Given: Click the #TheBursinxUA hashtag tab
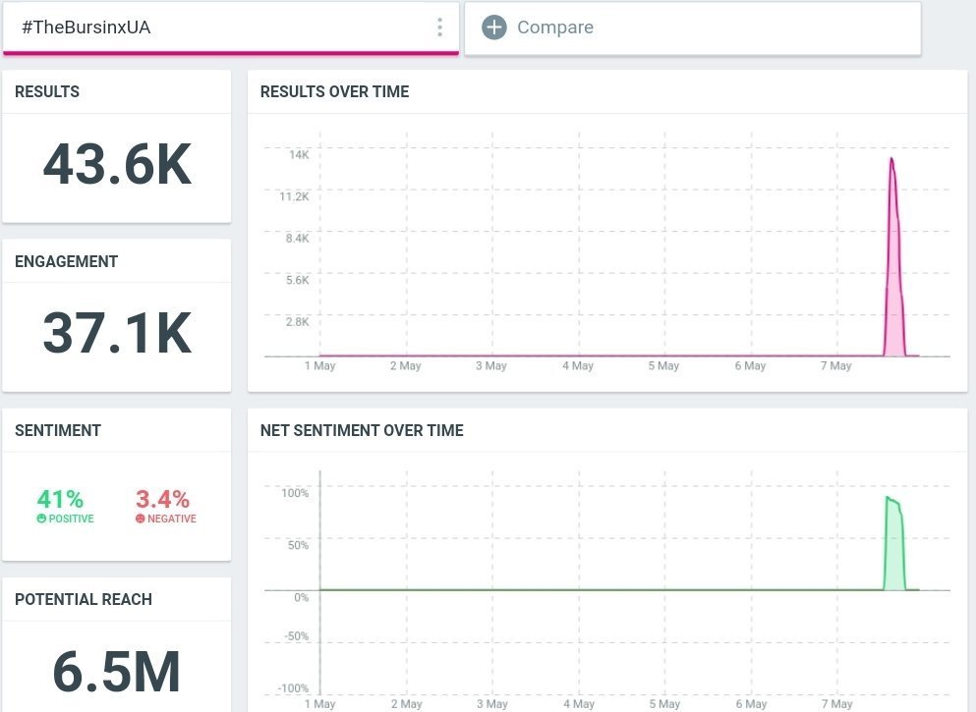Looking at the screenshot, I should click(x=86, y=27).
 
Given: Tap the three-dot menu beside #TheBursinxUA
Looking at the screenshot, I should click(x=439, y=27).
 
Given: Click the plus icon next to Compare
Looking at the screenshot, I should click(x=493, y=27).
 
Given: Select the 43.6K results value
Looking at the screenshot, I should click(x=117, y=165).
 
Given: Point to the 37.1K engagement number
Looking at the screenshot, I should click(x=117, y=334).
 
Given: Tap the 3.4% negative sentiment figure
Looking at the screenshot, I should click(x=163, y=499).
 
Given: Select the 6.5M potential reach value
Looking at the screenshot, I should click(x=117, y=673).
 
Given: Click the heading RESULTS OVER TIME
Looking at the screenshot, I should click(x=334, y=92).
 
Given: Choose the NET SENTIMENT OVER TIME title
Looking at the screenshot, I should click(x=362, y=430).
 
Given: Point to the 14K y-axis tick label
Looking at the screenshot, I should click(x=299, y=155).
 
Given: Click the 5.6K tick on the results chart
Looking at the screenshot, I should click(x=297, y=280).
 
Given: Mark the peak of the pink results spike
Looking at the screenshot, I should click(x=891, y=159).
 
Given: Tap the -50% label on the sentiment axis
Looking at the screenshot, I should click(x=295, y=636).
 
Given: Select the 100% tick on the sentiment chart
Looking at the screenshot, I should click(x=295, y=493).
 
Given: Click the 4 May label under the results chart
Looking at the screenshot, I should click(x=578, y=366).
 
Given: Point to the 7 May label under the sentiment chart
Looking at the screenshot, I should click(x=835, y=704).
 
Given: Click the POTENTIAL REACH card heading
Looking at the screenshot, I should click(x=84, y=599).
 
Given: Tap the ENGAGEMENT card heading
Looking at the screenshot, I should click(x=66, y=261).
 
